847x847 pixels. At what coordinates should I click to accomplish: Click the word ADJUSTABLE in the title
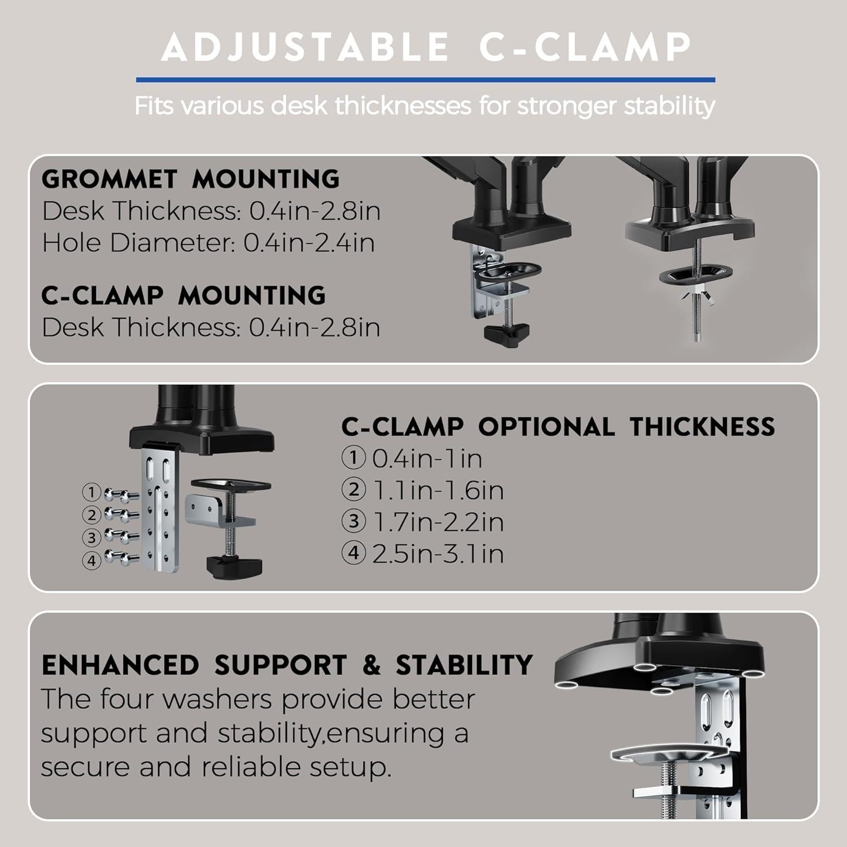[x=305, y=47]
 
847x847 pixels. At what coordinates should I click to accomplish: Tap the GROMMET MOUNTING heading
[x=191, y=179]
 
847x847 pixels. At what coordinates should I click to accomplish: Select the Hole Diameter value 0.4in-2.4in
[x=309, y=243]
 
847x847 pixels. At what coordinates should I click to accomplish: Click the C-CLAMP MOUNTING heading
[x=184, y=295]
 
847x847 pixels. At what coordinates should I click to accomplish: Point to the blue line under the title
[x=426, y=80]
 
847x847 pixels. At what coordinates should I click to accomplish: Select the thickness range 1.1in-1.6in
[x=438, y=490]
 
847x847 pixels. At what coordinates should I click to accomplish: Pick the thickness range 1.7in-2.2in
[x=438, y=521]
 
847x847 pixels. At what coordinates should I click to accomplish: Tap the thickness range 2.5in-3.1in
[x=438, y=553]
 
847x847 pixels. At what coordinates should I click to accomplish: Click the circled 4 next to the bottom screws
[x=91, y=560]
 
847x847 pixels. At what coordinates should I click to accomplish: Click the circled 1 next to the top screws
[x=91, y=492]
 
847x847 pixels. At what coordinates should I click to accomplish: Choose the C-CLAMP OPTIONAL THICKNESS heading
[x=558, y=427]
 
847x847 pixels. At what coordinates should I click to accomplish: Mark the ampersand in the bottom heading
[x=371, y=665]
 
